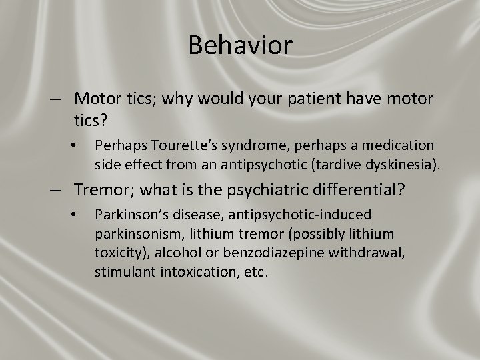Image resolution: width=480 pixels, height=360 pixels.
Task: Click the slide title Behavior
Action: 240,45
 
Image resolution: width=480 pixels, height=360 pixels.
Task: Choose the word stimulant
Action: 123,272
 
